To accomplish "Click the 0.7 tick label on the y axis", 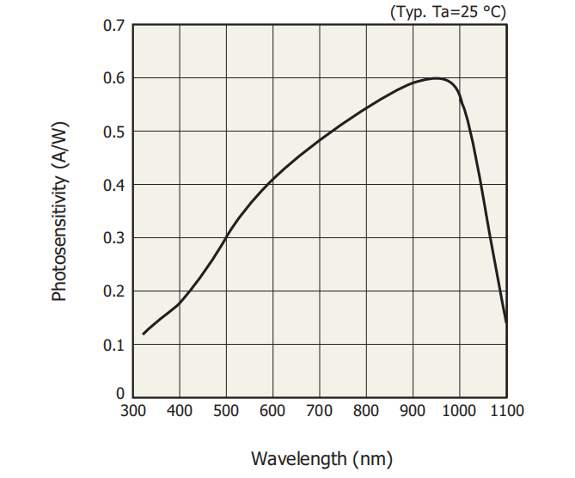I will tap(114, 25).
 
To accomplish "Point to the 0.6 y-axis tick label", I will tap(114, 78).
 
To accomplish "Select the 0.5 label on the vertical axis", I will tap(114, 132).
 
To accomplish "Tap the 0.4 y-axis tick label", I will tap(114, 185).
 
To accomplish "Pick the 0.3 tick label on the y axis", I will tap(114, 238).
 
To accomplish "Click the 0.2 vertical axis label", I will tap(114, 291).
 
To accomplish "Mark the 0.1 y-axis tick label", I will tap(114, 345).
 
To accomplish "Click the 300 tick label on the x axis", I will tap(133, 411).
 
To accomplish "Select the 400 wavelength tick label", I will tap(180, 411).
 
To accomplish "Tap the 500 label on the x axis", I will tap(226, 411).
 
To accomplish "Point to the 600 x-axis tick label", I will tap(272, 411).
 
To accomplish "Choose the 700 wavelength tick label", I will tap(320, 411).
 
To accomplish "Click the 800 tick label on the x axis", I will tap(366, 411).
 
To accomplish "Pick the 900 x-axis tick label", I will tap(413, 411).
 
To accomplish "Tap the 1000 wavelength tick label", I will tap(459, 411).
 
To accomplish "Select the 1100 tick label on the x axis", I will tap(505, 411).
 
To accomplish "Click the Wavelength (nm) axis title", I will tap(321, 457).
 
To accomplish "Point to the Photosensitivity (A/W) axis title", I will tap(58, 211).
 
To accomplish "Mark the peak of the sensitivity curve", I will tap(437, 78).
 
